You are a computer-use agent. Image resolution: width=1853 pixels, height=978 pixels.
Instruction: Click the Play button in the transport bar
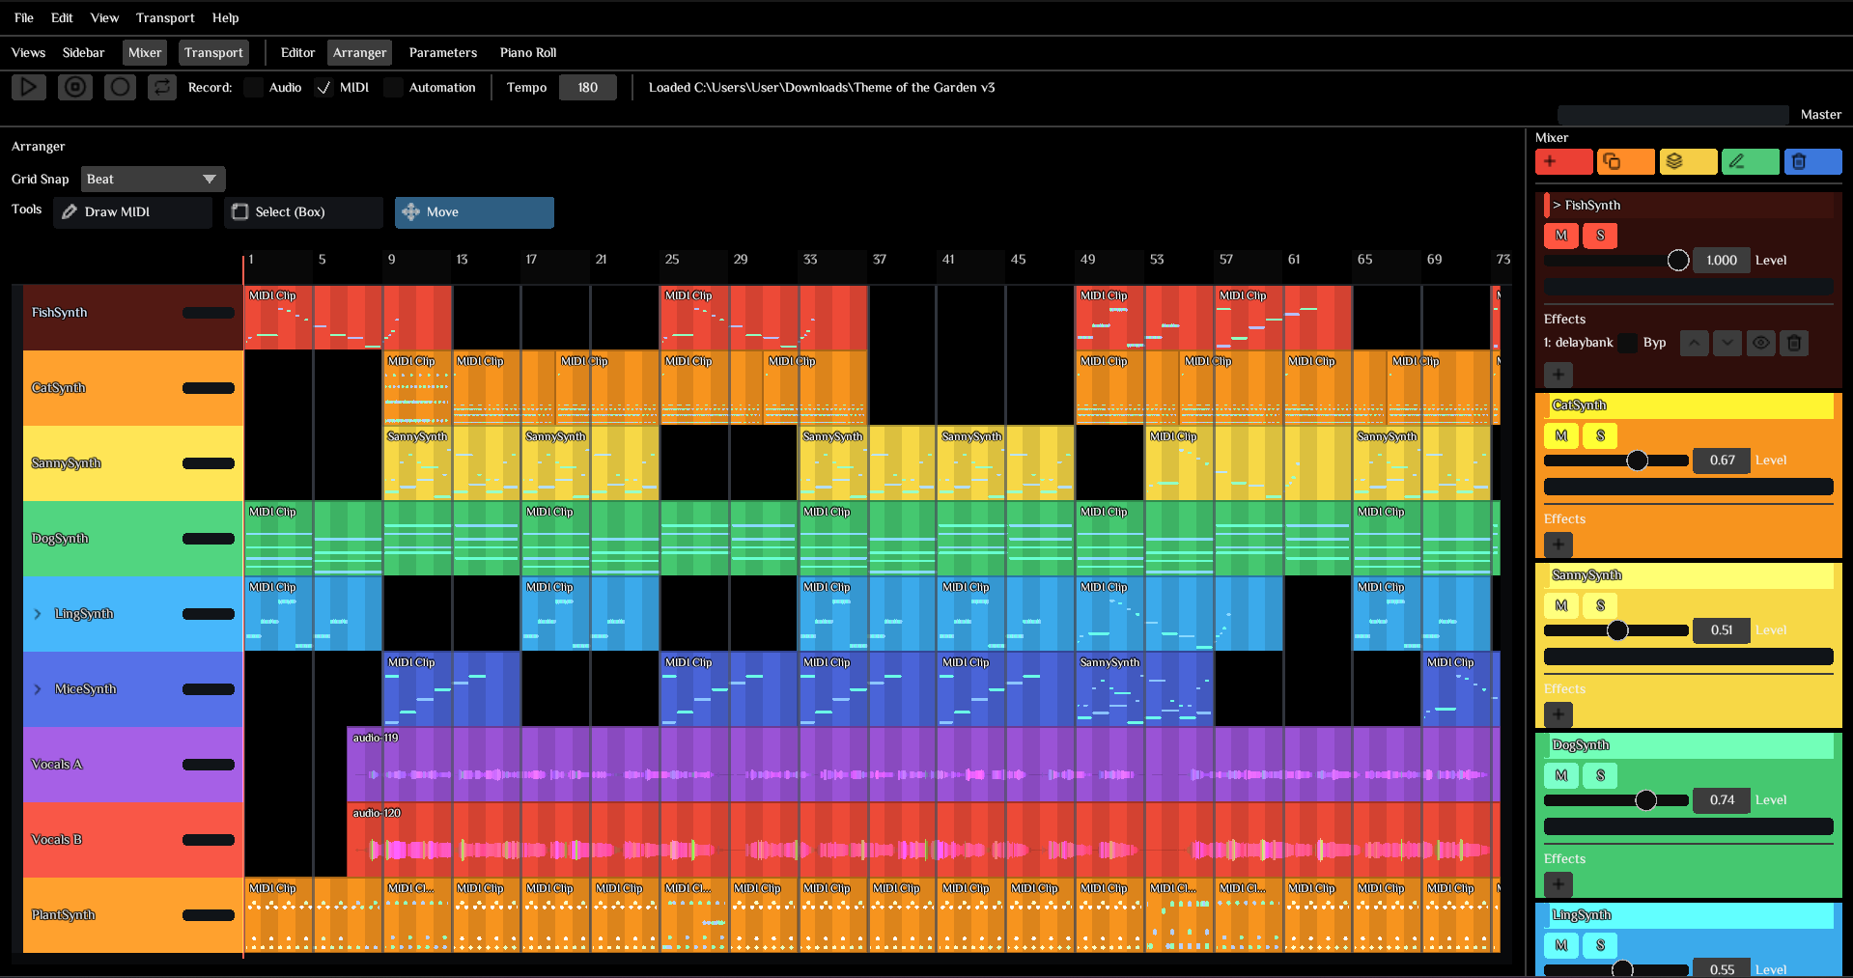point(29,87)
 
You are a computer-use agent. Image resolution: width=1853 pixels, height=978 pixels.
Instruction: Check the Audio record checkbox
point(254,87)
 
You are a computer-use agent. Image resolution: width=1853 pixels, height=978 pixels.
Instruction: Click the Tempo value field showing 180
point(587,87)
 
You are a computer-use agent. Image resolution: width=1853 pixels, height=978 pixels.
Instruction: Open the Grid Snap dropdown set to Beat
point(153,179)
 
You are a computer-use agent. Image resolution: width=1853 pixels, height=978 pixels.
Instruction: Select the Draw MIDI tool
point(132,211)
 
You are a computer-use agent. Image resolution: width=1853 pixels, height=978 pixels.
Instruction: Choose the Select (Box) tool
point(303,211)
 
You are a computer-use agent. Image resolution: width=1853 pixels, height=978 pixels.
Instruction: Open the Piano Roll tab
point(527,52)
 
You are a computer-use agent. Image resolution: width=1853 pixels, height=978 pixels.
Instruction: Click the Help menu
point(225,17)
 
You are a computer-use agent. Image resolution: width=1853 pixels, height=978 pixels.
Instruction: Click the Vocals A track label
point(57,764)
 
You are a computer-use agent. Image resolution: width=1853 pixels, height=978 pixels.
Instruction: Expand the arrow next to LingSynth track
point(38,614)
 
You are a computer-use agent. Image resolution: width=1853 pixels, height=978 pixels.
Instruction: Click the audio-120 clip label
point(377,813)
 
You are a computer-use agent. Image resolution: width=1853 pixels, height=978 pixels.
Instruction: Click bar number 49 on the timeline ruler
point(1087,259)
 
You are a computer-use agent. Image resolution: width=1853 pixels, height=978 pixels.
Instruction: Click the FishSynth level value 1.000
point(1721,260)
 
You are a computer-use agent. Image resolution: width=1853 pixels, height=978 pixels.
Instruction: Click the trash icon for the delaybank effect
point(1793,343)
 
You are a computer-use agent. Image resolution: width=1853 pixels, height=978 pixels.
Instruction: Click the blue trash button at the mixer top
point(1812,161)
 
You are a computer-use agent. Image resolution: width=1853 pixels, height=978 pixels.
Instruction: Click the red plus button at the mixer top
point(1563,161)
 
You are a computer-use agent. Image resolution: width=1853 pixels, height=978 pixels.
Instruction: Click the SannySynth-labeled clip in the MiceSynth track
point(1109,662)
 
